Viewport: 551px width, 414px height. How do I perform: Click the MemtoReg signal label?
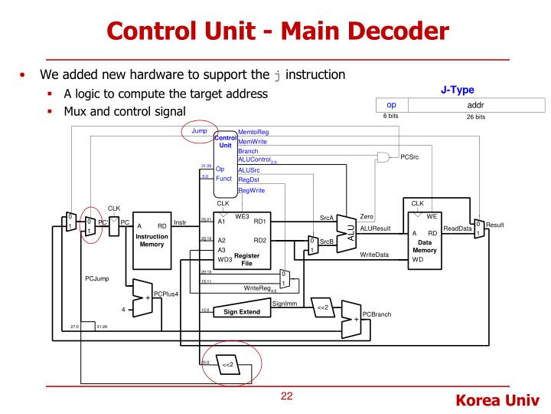(x=253, y=132)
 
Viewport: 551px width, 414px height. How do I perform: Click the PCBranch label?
(x=377, y=314)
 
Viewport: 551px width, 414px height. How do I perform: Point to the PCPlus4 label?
(x=166, y=294)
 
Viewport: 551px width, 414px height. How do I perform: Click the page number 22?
(x=286, y=396)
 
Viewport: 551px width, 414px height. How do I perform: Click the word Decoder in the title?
(x=385, y=32)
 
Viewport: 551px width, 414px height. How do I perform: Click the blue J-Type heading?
(x=458, y=89)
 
